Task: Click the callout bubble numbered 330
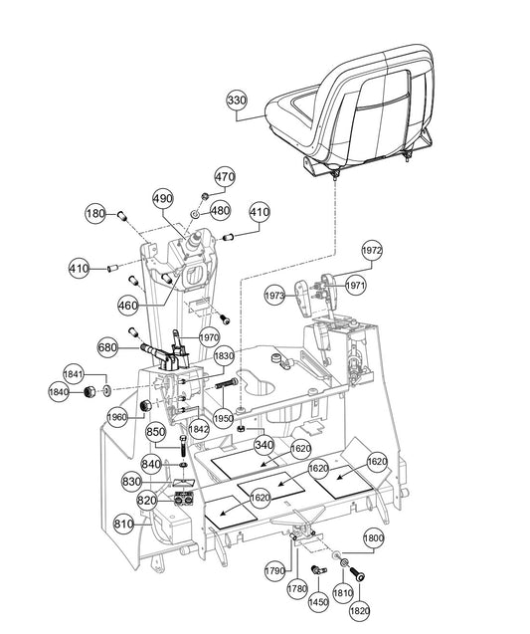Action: coord(237,101)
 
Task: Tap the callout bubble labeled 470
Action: coord(225,177)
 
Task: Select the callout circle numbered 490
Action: coord(163,198)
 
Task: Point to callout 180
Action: coord(95,213)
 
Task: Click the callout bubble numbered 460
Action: coord(128,306)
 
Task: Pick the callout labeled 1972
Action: coord(372,251)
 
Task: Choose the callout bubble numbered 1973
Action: coord(274,296)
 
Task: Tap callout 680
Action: coord(108,347)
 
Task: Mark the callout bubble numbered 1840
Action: coord(59,391)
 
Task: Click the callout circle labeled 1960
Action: coord(117,417)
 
